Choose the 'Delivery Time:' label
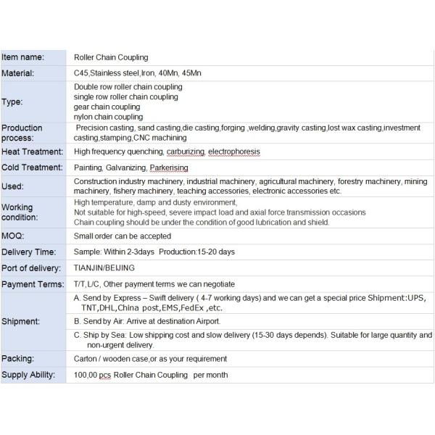pyautogui.click(x=28, y=252)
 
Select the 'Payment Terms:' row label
pyautogui.click(x=33, y=284)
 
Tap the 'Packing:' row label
pyautogui.click(x=18, y=358)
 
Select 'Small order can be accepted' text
pyautogui.click(x=123, y=236)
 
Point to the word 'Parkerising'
pyautogui.click(x=170, y=168)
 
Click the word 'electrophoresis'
pyautogui.click(x=233, y=152)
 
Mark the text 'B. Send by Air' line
pyautogui.click(x=147, y=320)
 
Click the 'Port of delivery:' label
pyautogui.click(x=31, y=268)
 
